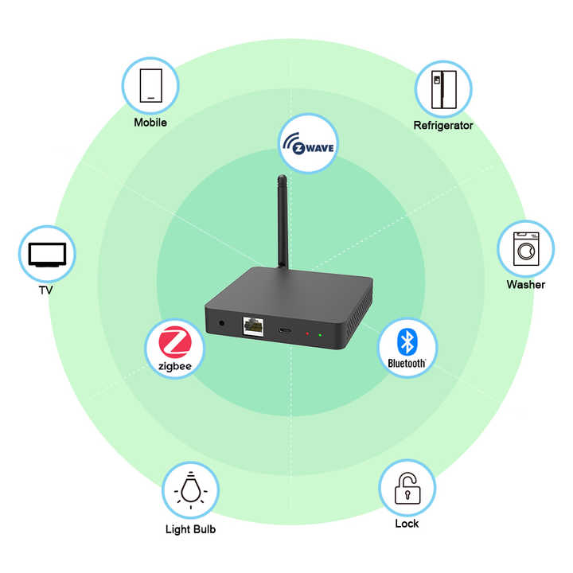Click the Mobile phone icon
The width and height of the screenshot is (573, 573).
tap(150, 84)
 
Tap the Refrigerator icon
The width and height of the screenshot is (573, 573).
tap(442, 89)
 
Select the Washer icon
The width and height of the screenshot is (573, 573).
tap(525, 249)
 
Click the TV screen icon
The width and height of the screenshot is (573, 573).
tap(46, 254)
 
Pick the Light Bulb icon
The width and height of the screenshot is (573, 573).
tap(190, 490)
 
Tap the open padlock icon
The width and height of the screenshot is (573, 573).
tap(407, 487)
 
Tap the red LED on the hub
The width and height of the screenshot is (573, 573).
tap(307, 333)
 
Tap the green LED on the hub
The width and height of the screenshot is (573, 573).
tap(320, 334)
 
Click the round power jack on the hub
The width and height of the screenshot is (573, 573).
tap(221, 323)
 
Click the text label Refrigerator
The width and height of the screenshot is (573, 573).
tap(442, 126)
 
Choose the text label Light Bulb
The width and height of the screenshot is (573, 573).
tap(190, 529)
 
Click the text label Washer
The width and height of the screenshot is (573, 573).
tap(525, 285)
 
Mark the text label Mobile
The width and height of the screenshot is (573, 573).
tap(150, 123)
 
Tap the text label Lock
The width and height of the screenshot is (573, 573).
tap(407, 524)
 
